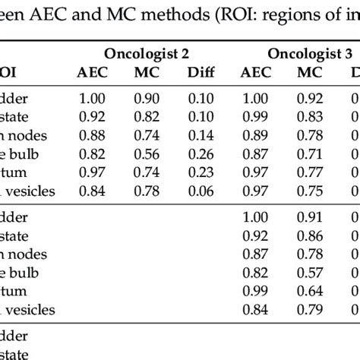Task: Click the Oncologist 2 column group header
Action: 147,54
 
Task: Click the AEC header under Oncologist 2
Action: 93,73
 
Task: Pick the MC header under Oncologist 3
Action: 305,73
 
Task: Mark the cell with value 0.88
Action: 93,136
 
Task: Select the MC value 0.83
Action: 305,118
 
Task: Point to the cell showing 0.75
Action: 305,191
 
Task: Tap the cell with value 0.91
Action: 305,218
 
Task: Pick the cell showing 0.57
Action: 305,273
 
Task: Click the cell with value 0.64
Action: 305,291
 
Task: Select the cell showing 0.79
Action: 305,309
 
